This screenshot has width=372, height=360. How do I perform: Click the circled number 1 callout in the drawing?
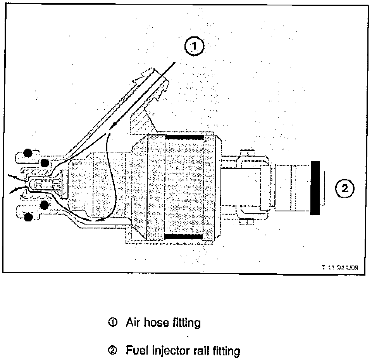[194, 47]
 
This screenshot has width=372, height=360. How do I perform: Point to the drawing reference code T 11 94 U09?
[340, 267]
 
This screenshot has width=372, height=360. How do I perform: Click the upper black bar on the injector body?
[185, 137]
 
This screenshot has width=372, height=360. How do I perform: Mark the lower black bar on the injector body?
[185, 236]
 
